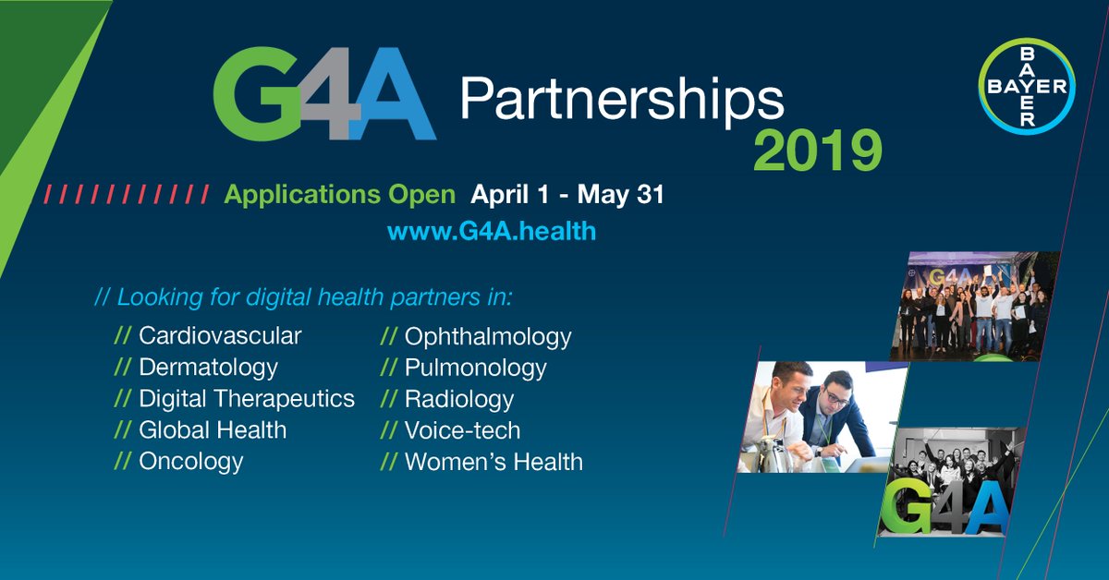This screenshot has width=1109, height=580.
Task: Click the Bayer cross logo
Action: click(1027, 88)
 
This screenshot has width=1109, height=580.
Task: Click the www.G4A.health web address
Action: click(492, 231)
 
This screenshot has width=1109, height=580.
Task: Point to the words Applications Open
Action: click(340, 196)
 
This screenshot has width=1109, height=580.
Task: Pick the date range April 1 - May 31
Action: click(567, 196)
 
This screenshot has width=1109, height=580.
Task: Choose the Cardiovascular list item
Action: click(220, 336)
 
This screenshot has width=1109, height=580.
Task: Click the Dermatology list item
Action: click(208, 368)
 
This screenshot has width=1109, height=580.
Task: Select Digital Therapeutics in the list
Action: click(246, 399)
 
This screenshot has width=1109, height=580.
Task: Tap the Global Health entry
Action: click(213, 430)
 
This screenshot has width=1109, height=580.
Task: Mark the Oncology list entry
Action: click(191, 462)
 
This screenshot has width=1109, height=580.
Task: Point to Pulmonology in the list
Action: click(475, 369)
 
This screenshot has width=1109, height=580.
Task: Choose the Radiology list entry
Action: click(458, 400)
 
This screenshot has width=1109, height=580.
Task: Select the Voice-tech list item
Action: click(462, 430)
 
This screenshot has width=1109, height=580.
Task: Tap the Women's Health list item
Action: click(494, 462)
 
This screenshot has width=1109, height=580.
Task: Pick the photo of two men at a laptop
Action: click(818, 416)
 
